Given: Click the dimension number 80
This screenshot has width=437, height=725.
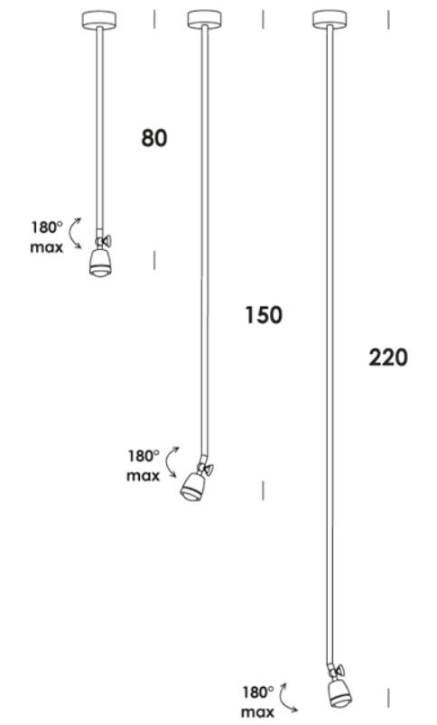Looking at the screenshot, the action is click(154, 138).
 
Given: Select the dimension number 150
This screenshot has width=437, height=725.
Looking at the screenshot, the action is click(264, 315).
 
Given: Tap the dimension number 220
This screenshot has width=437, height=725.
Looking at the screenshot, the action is click(388, 358).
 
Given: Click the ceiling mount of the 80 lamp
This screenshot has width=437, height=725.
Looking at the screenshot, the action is click(99, 20).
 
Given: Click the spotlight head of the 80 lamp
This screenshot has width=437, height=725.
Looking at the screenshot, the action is click(98, 263).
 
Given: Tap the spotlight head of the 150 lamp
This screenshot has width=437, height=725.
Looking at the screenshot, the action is click(191, 488).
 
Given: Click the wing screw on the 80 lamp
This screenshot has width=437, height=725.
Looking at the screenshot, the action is click(107, 241).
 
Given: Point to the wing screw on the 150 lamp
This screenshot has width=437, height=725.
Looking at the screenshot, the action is click(208, 469).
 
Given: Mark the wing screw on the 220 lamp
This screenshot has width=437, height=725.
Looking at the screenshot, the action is click(340, 670).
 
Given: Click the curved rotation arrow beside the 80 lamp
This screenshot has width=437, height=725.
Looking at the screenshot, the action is click(72, 234).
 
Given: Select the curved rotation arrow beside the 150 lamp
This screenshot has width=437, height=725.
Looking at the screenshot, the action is click(170, 462).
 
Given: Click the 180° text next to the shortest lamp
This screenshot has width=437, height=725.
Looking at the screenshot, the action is click(46, 227).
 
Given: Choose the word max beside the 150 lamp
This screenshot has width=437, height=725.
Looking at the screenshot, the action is click(143, 476).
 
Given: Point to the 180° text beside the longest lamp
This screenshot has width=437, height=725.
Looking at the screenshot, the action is click(258, 692).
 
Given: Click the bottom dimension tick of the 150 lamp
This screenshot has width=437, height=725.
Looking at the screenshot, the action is click(263, 490).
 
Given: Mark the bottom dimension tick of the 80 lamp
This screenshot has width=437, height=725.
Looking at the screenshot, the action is click(154, 260).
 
